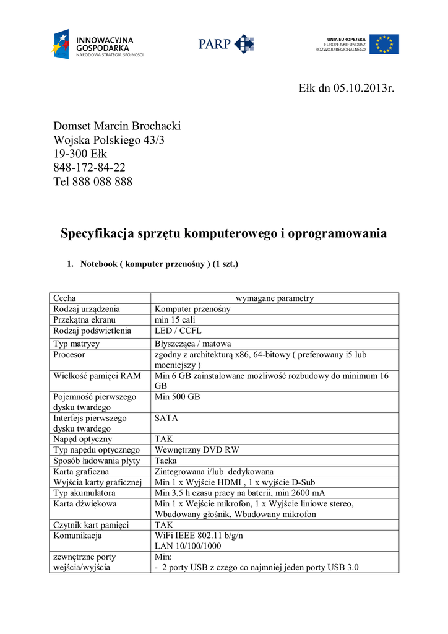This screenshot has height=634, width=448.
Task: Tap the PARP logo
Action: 226,44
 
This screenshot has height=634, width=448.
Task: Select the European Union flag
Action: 384,44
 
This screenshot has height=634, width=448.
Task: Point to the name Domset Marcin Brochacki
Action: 117,126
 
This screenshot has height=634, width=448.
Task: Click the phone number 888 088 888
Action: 102,182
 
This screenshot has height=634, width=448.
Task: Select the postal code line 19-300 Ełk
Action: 80,154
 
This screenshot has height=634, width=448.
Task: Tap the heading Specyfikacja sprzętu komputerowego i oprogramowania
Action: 223,233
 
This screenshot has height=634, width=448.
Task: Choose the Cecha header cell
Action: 65,298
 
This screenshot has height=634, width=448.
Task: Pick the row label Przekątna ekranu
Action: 85,320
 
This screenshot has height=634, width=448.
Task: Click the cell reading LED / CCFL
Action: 178,331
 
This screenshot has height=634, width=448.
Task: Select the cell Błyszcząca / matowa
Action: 192,344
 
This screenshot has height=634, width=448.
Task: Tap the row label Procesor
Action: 69,355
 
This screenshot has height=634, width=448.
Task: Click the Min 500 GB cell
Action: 178,396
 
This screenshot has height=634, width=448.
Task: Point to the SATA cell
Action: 166,419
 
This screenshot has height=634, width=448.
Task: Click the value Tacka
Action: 166,461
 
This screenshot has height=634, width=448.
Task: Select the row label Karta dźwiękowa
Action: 82,504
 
